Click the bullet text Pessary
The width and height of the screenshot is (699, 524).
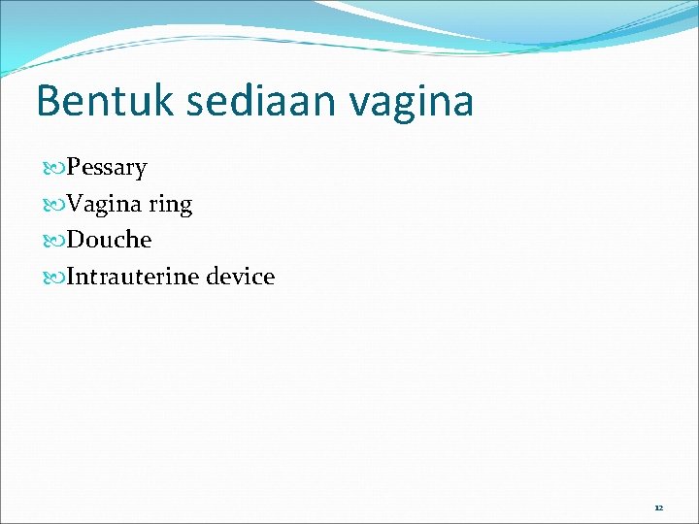click(x=107, y=168)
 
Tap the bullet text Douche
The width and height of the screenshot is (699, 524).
click(x=110, y=240)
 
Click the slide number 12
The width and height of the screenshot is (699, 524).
click(x=658, y=508)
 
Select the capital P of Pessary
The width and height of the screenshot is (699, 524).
click(x=74, y=168)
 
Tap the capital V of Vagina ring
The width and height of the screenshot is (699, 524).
click(x=76, y=204)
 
